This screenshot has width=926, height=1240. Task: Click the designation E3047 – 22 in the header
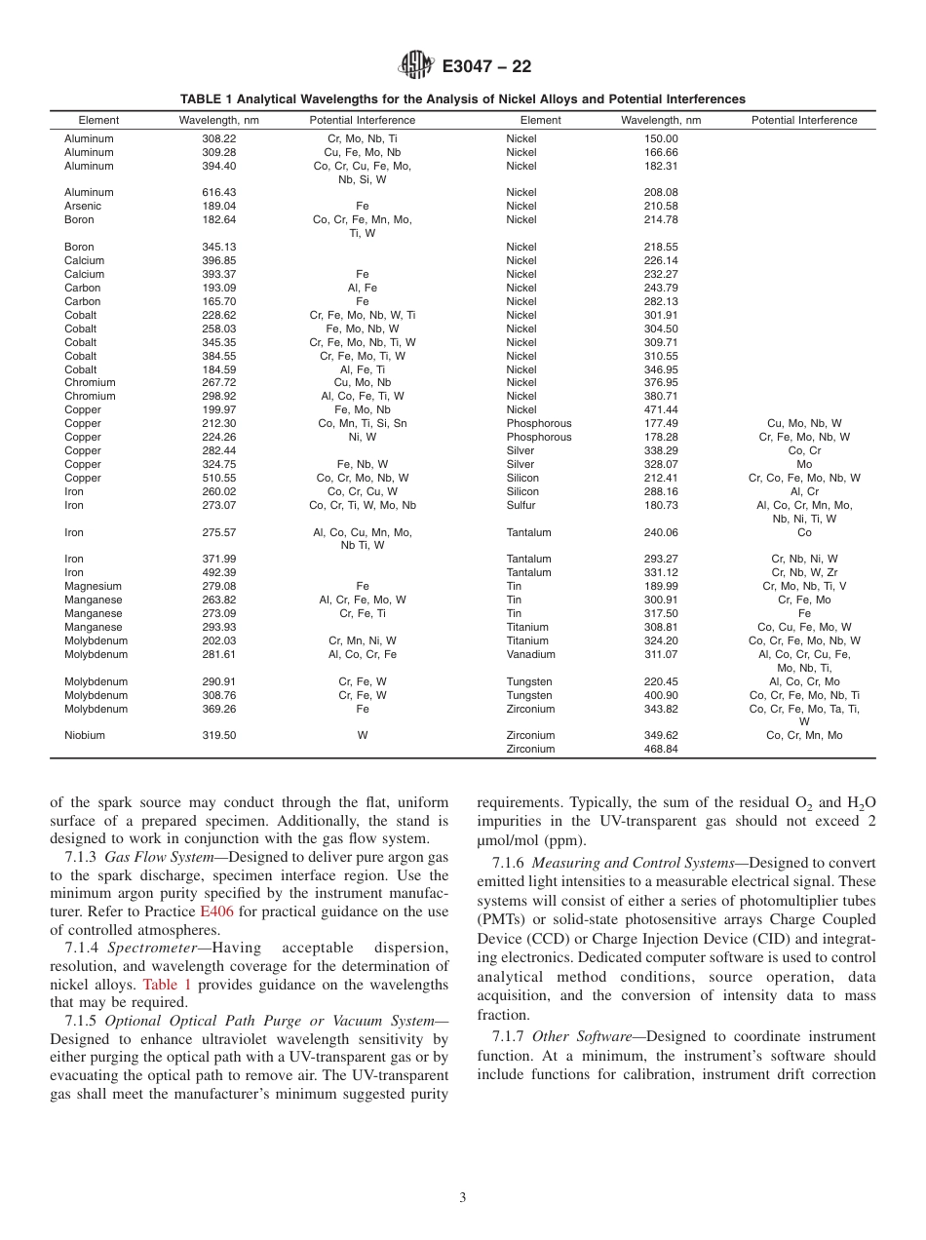click(486, 67)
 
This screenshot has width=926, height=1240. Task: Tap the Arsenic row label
click(83, 206)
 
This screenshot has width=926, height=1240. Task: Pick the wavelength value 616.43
click(218, 193)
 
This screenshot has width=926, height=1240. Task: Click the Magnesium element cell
click(93, 586)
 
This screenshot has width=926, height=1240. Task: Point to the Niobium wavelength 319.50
click(218, 736)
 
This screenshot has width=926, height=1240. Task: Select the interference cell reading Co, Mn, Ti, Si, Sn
click(363, 424)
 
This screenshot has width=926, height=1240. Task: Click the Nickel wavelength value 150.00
click(660, 138)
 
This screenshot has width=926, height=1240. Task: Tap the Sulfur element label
click(521, 505)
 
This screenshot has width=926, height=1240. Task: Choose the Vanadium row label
click(528, 654)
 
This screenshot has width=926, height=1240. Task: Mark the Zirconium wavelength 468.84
click(660, 749)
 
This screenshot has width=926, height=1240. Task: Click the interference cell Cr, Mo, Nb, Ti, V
click(804, 586)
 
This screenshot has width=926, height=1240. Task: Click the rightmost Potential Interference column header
click(804, 121)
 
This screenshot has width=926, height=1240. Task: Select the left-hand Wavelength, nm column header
click(218, 121)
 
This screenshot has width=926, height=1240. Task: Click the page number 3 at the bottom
click(463, 1198)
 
